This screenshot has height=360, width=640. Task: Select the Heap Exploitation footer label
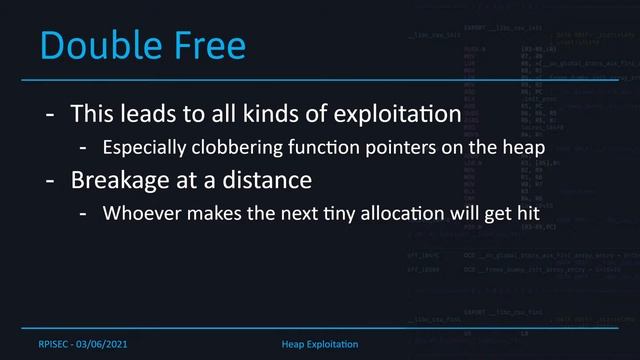click(320, 344)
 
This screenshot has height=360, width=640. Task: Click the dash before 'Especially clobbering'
click(87, 148)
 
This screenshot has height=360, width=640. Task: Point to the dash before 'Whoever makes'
click(87, 215)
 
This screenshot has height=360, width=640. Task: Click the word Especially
click(142, 148)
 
